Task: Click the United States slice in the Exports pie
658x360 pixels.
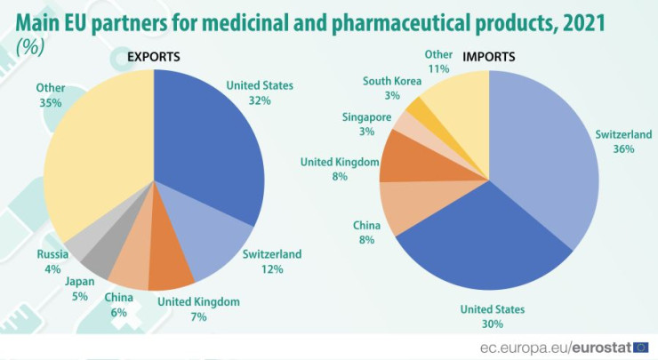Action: (209, 142)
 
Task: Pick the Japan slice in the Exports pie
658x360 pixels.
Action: (100, 257)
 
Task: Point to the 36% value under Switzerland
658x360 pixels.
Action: (623, 149)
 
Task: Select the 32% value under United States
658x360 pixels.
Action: (260, 100)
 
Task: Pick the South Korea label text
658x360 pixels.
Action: (392, 81)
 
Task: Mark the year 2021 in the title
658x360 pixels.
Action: (578, 21)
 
